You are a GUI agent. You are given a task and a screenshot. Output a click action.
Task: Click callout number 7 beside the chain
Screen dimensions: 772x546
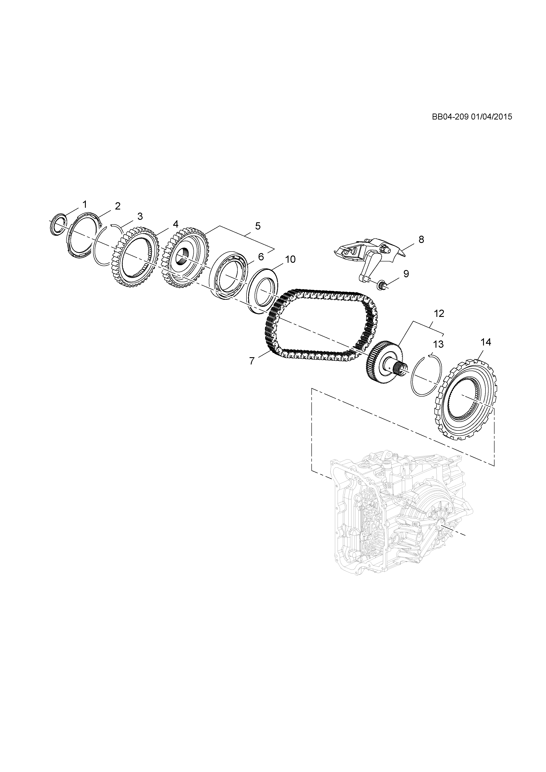click(252, 361)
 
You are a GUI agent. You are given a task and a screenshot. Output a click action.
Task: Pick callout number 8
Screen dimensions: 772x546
click(421, 239)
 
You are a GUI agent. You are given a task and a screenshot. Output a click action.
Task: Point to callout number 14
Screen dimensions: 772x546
click(486, 342)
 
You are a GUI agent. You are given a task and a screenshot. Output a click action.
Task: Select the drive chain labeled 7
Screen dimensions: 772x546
click(323, 323)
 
